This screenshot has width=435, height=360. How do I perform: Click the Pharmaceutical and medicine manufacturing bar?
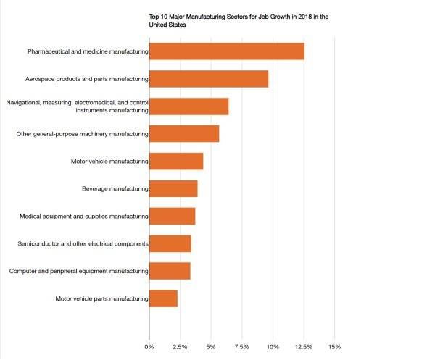[x=226, y=51]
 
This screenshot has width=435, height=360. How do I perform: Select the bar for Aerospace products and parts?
[x=209, y=79]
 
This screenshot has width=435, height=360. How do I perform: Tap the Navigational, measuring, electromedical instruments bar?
[x=188, y=106]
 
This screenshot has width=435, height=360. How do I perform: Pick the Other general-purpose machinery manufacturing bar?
[x=184, y=134]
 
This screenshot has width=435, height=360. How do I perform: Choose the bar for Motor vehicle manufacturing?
[x=176, y=162]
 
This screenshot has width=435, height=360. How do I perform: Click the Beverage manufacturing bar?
[x=173, y=189]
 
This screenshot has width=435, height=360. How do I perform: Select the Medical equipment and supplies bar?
[x=172, y=217]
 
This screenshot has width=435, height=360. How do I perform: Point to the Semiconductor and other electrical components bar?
[x=170, y=243]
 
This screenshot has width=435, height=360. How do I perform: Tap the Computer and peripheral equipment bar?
[x=170, y=271]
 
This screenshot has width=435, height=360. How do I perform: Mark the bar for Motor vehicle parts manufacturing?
[x=163, y=298]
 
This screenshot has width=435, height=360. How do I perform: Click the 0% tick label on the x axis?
[x=149, y=346]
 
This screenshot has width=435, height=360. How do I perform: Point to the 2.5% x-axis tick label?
[x=180, y=346]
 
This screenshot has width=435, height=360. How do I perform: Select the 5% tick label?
[x=211, y=346]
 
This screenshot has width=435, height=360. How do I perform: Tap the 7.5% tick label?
[x=241, y=346]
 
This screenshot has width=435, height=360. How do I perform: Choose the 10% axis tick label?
[x=273, y=346]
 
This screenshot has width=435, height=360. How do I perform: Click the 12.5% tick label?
[x=304, y=346]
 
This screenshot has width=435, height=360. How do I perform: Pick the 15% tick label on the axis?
[x=334, y=346]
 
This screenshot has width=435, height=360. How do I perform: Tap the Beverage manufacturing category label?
[x=115, y=189]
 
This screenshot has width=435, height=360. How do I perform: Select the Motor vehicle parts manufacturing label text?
[x=101, y=298]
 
